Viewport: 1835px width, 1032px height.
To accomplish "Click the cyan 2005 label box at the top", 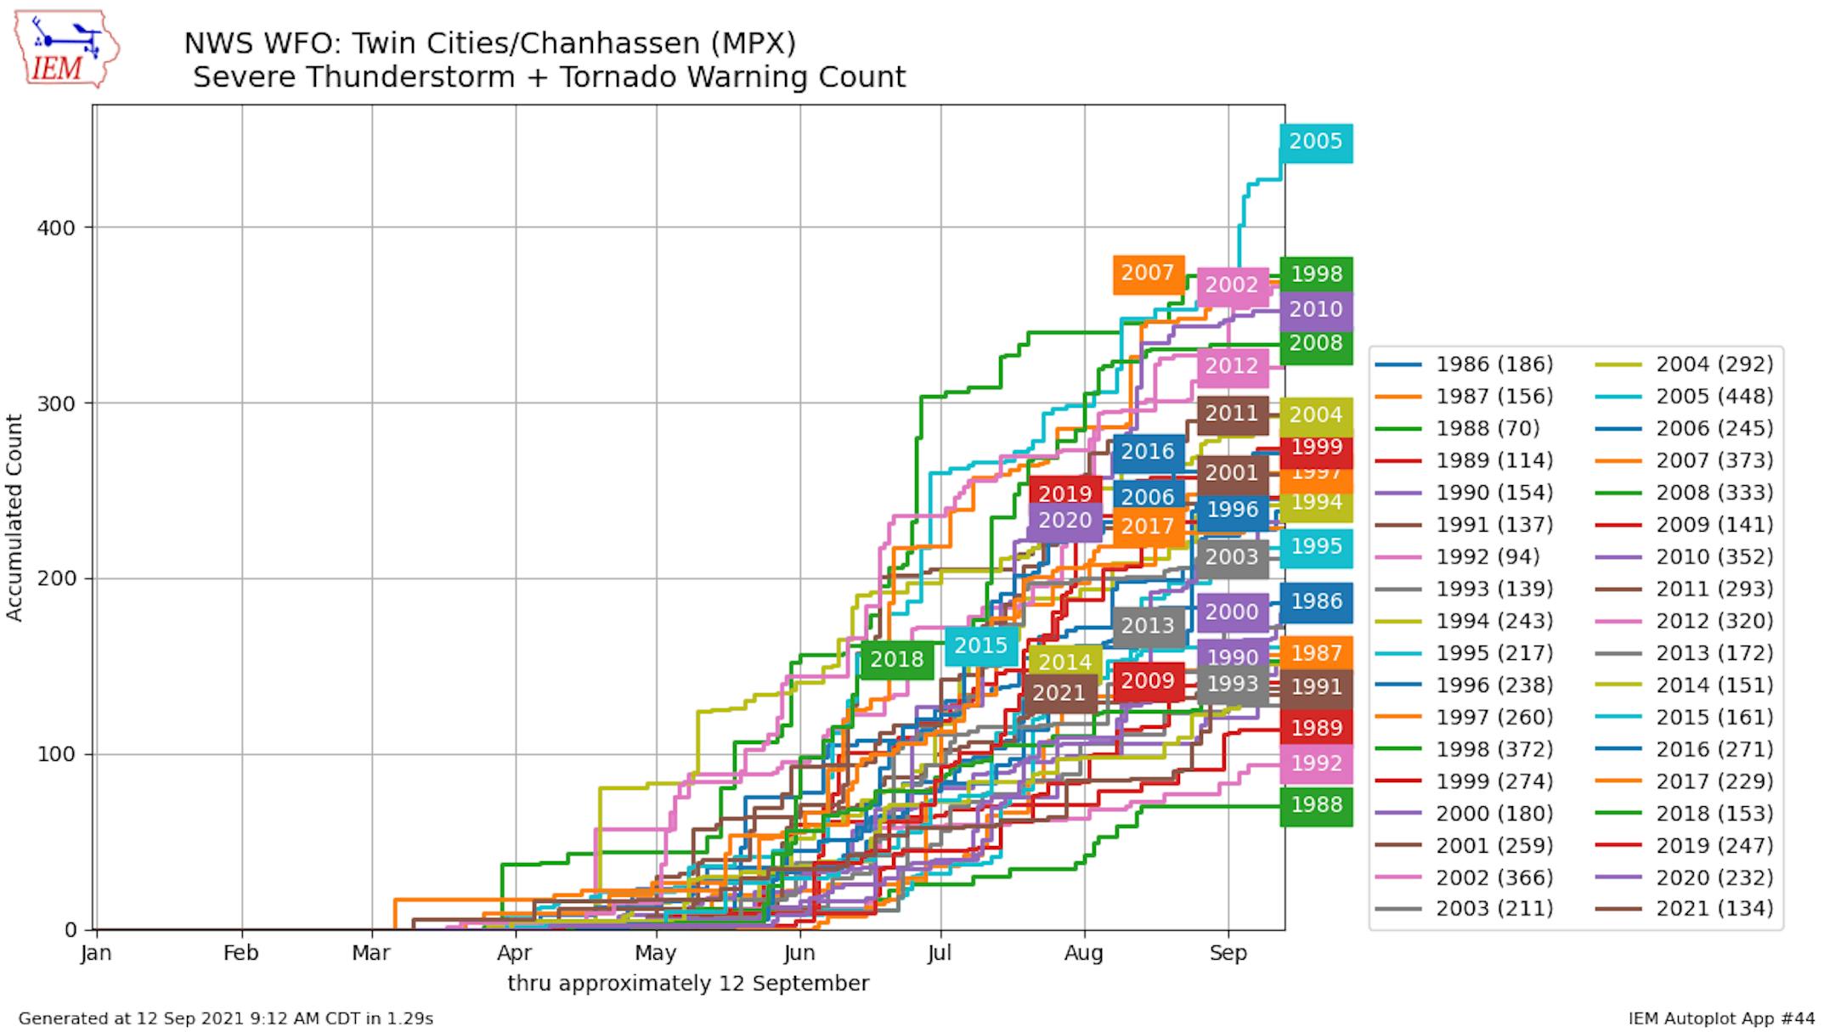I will click(1316, 142).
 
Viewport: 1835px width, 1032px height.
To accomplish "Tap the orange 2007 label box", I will click(1148, 274).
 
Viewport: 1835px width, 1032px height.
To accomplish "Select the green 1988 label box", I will click(1316, 805).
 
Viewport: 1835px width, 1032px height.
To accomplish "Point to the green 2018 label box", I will click(896, 660).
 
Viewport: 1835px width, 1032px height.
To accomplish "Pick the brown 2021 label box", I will click(1059, 694).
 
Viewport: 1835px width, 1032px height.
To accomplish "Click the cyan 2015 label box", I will click(980, 646).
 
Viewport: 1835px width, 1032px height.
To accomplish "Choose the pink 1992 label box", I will click(1316, 764).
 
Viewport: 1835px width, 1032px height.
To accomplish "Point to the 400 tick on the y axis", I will click(56, 228).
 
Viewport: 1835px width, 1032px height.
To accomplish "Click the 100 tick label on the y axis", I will click(56, 754).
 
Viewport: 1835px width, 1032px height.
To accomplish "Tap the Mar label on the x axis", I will click(371, 953).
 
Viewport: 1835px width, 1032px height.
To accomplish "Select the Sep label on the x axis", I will click(1228, 953).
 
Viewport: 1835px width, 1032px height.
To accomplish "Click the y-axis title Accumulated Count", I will click(14, 517).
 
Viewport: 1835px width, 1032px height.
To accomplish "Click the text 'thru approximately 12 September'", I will click(688, 984).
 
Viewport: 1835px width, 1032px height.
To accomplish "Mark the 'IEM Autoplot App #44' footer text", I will click(1721, 1018).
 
